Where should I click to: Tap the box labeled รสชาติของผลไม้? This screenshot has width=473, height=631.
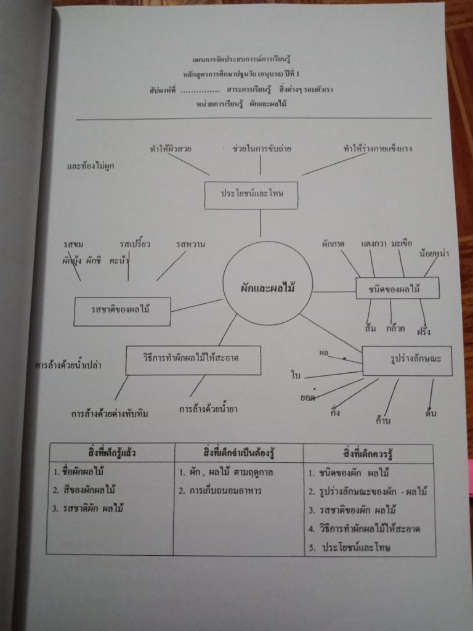tap(122, 312)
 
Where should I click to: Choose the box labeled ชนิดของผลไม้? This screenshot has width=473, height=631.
tap(397, 288)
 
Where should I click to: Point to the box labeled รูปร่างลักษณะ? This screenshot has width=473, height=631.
tap(406, 361)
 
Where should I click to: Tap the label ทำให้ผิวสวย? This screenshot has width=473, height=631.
tap(170, 149)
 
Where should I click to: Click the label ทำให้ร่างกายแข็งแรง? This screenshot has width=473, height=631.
tap(378, 149)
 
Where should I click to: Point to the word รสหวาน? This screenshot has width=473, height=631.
tap(190, 245)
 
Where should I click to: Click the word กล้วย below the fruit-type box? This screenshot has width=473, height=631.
tap(395, 328)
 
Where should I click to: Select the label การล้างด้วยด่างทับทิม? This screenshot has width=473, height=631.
tap(109, 413)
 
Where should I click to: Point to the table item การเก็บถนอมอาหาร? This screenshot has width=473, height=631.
tap(226, 491)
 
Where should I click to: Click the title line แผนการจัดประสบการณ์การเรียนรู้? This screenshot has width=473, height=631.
tap(241, 59)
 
